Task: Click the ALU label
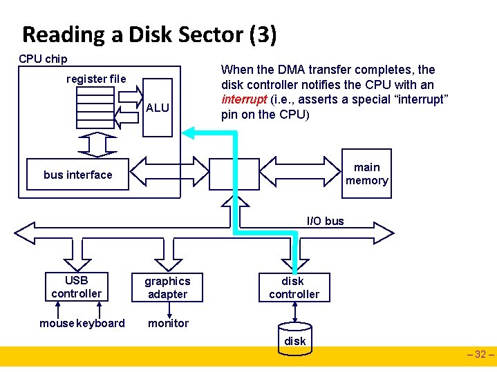click(x=158, y=108)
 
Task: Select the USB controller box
click(x=76, y=287)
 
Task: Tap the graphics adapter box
click(x=167, y=288)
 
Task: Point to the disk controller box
click(x=294, y=288)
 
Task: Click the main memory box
click(x=366, y=174)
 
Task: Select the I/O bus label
click(x=325, y=221)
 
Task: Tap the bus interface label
click(x=77, y=175)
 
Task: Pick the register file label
click(x=96, y=79)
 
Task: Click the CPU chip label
click(x=43, y=59)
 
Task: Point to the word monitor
click(x=168, y=323)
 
